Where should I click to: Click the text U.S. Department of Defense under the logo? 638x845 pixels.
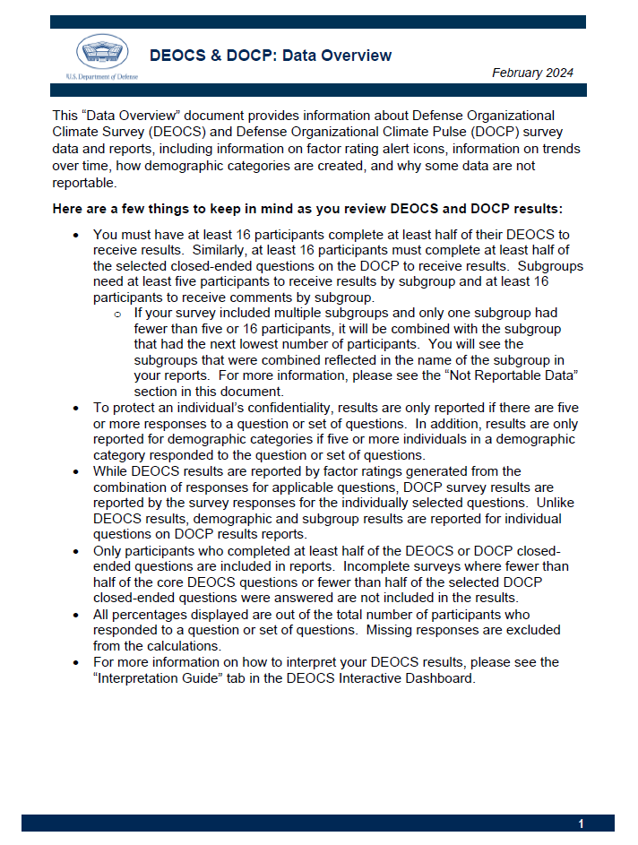click(101, 77)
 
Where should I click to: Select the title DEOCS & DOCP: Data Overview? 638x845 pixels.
click(271, 56)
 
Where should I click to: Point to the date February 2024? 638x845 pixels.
click(532, 73)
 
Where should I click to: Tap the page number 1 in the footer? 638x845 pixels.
click(581, 823)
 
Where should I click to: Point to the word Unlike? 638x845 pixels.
click(555, 503)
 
